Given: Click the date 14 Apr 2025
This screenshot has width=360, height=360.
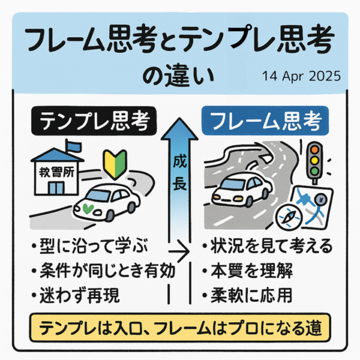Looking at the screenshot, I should [301, 77].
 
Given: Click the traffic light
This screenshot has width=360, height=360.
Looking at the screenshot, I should [313, 161].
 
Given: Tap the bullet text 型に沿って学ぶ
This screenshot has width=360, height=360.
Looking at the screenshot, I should [88, 248].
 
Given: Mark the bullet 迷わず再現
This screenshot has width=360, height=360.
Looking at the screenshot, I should [76, 295].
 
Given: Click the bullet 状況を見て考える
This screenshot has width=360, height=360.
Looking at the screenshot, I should [266, 248].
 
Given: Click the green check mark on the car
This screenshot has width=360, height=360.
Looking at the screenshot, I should [89, 208].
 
